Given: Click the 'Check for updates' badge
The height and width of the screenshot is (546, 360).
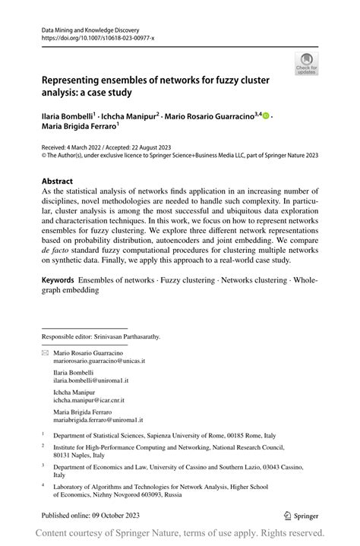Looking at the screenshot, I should pyautogui.click(x=307, y=65).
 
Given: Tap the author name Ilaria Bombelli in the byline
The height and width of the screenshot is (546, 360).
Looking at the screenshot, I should pyautogui.click(x=68, y=115).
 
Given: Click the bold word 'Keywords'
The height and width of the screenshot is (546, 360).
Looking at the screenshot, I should pyautogui.click(x=65, y=280).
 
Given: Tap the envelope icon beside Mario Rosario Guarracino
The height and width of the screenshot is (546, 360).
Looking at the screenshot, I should pyautogui.click(x=45, y=353).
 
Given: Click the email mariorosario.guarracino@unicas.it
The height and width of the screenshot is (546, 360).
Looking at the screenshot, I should pyautogui.click(x=98, y=361).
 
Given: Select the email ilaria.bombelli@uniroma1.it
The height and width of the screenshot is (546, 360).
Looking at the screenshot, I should pyautogui.click(x=90, y=381).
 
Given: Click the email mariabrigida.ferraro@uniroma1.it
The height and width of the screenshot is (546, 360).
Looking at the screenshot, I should pyautogui.click(x=98, y=419).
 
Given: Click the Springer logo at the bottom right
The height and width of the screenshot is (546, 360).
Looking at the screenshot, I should pyautogui.click(x=301, y=515).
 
